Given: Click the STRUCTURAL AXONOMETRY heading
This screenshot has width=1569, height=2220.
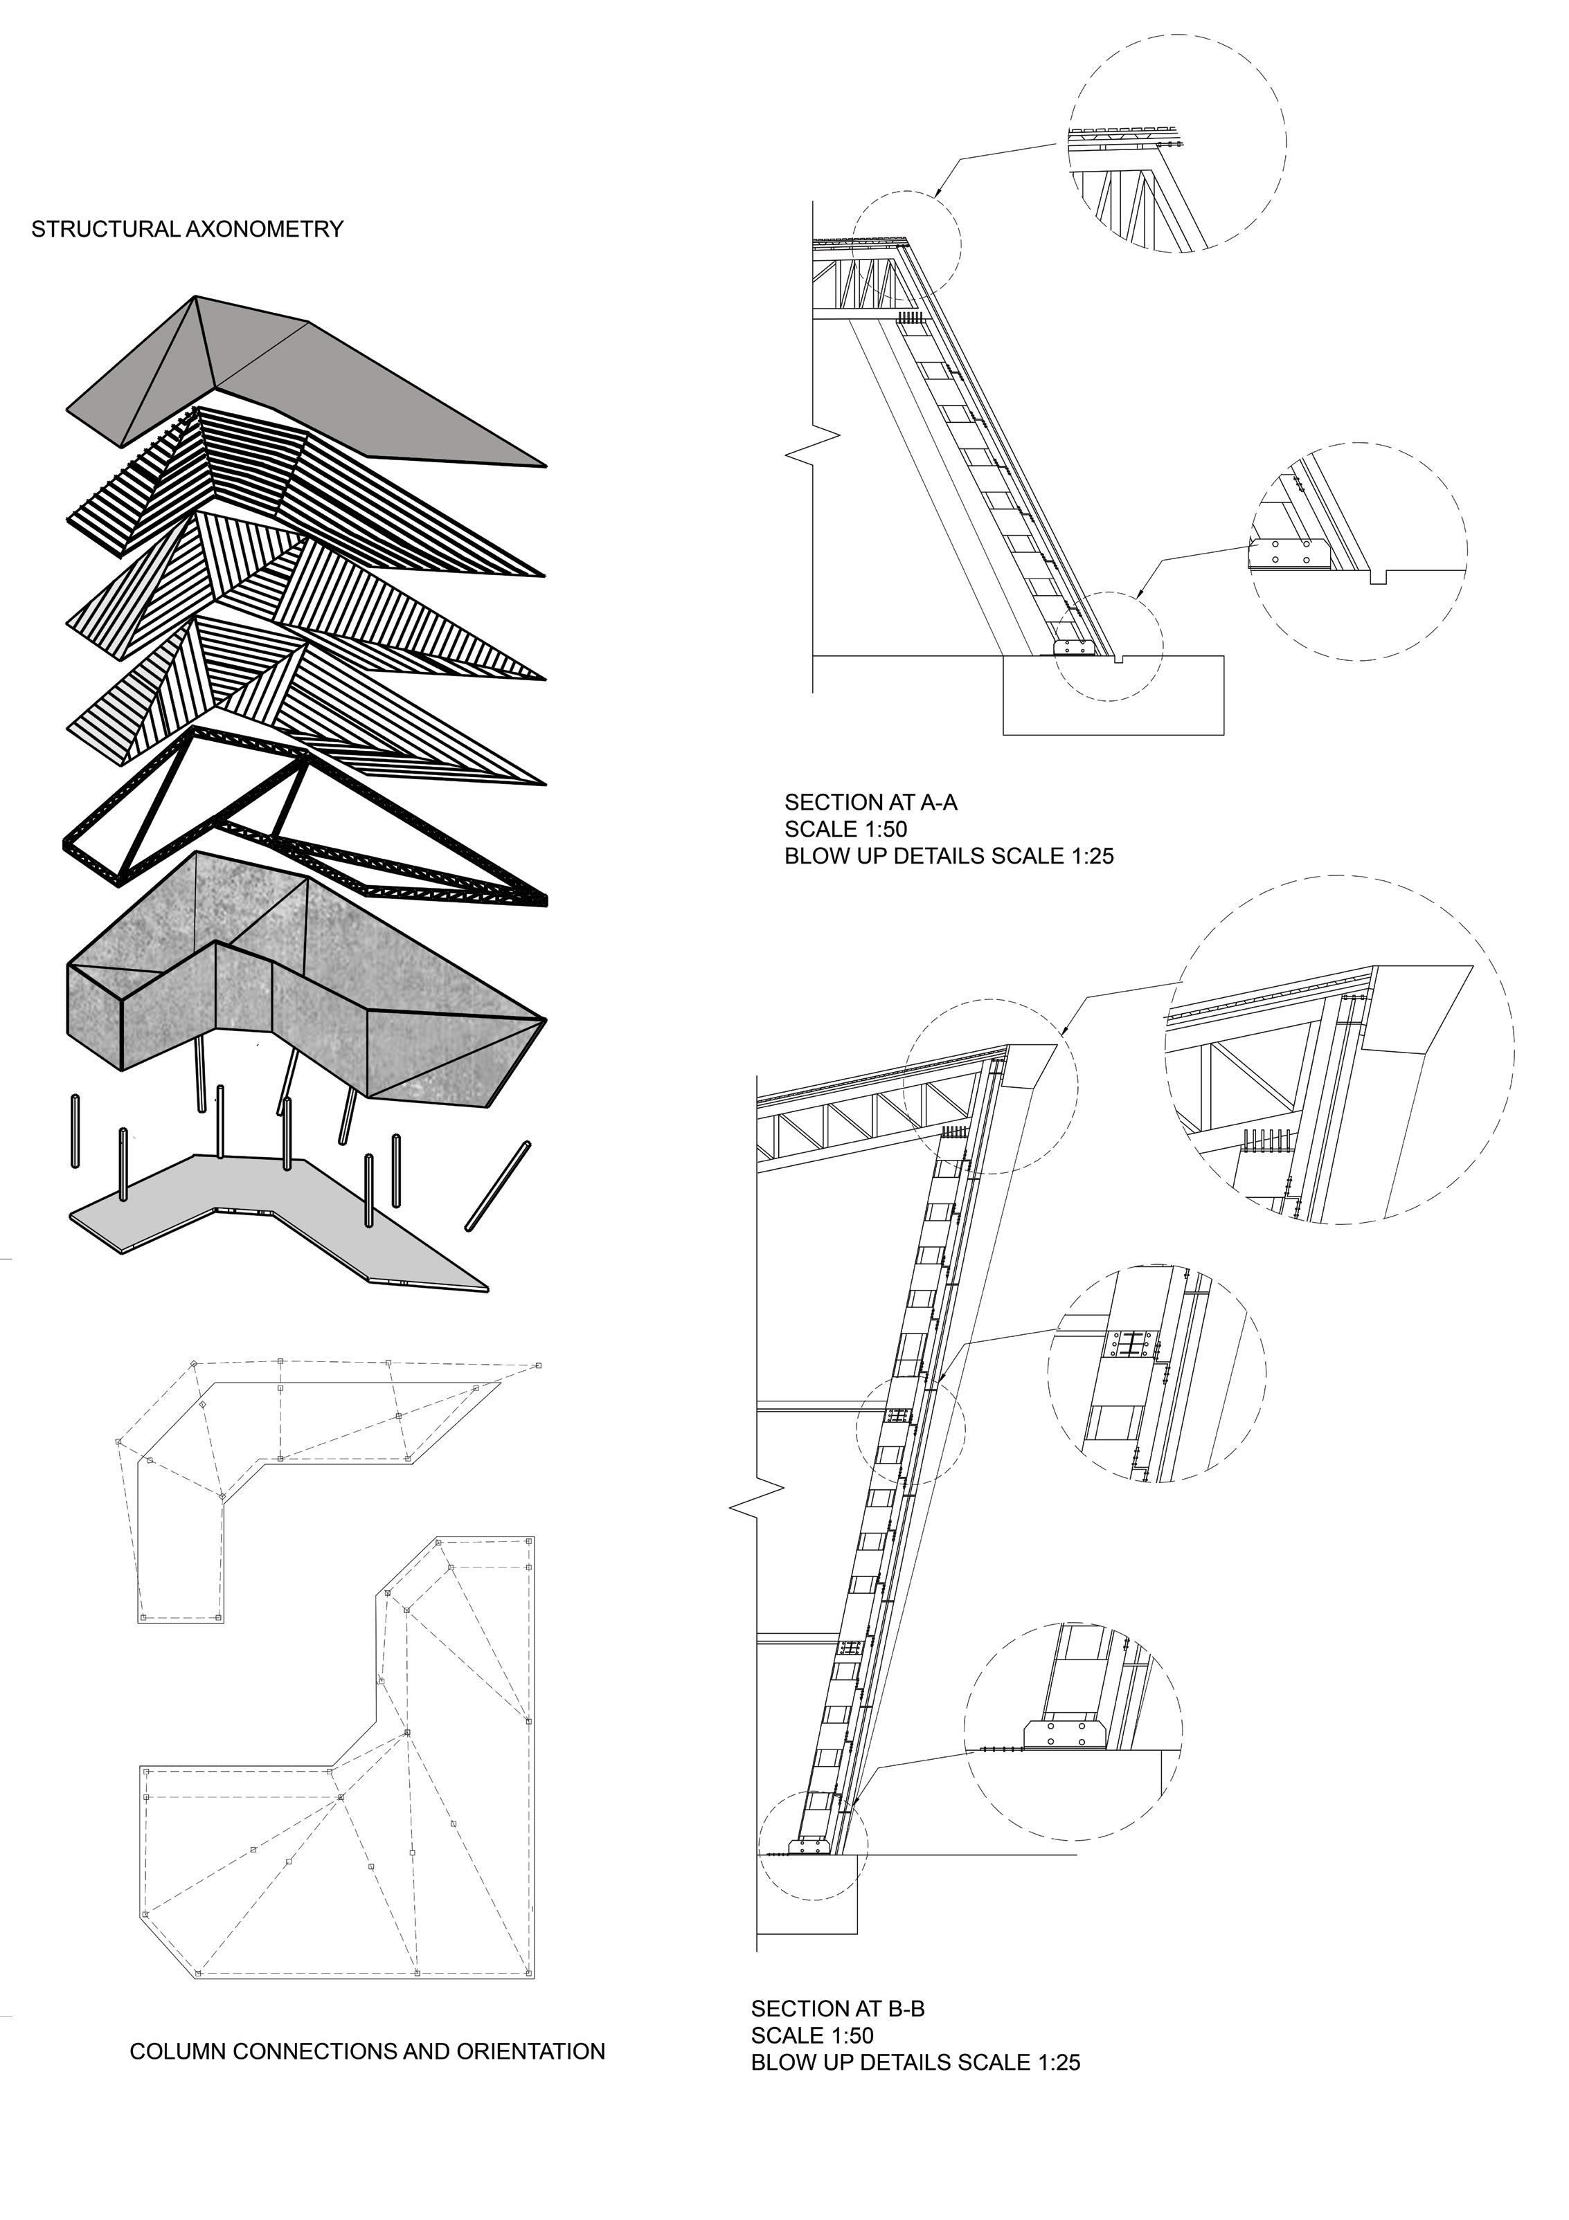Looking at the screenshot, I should [x=188, y=229].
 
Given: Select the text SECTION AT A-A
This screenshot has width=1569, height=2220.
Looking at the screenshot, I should [x=870, y=801].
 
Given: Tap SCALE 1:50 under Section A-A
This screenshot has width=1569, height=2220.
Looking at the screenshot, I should [x=845, y=828].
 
